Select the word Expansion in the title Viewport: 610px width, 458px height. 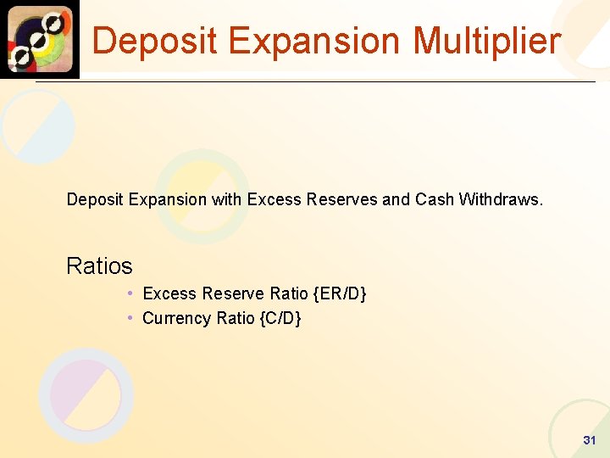click(x=321, y=41)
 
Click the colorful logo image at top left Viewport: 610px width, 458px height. click(x=40, y=39)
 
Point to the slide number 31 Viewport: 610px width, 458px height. click(x=590, y=440)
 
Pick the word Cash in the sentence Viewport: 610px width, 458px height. click(x=435, y=200)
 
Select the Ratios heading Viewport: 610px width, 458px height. click(x=99, y=266)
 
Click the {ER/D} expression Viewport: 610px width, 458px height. click(x=339, y=294)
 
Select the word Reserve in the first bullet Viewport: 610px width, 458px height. click(x=231, y=294)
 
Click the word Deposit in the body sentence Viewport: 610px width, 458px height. click(x=95, y=200)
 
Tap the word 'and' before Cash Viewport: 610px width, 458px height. click(x=396, y=200)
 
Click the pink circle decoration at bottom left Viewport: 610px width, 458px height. click(x=86, y=395)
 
